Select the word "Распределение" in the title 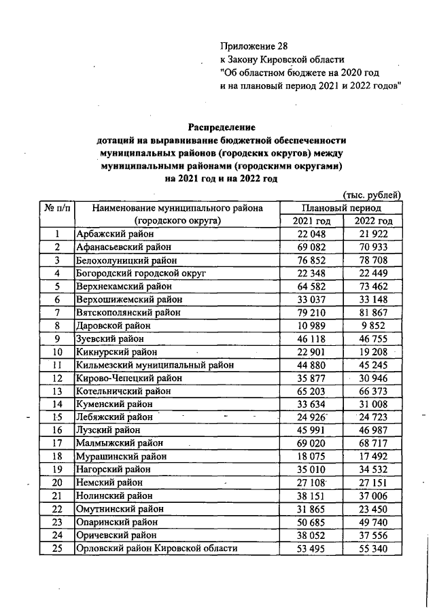221,127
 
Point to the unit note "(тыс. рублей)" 372,195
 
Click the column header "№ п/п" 58,208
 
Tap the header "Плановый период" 341,208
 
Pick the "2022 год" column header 373,222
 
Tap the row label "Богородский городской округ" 141,273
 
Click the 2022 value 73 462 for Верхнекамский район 373,286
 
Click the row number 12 58,378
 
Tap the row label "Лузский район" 109,430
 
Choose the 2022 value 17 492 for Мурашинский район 373,456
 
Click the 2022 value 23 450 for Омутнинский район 373,508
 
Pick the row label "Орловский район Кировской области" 157,548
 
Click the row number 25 58,548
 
